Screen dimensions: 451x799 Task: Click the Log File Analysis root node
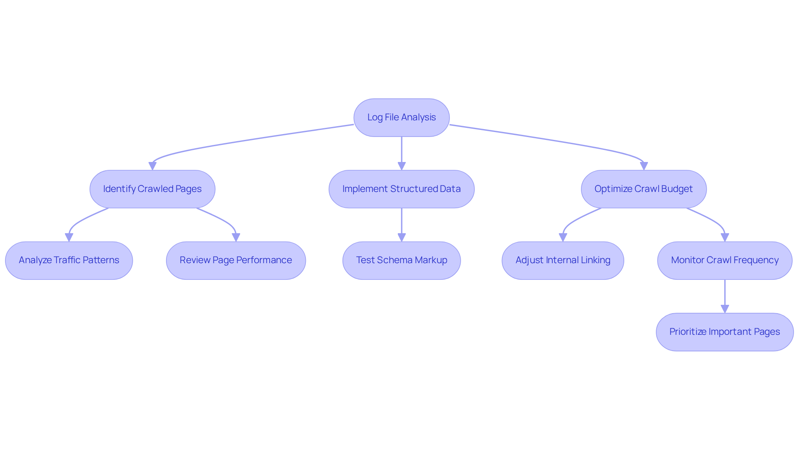(401, 117)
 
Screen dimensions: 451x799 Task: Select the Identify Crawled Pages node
(152, 189)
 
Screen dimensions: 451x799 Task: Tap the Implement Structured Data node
(401, 189)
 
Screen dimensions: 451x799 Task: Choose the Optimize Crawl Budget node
(643, 189)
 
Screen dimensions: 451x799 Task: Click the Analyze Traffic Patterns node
(69, 260)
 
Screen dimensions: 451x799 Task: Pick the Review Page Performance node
(236, 260)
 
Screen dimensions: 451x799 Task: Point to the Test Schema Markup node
(401, 260)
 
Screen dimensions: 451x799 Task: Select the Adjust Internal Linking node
(563, 260)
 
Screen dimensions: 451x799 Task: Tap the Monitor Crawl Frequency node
(725, 260)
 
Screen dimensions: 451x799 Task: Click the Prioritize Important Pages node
(725, 332)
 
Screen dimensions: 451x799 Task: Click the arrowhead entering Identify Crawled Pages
(152, 166)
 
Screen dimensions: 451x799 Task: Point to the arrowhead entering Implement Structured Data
(402, 166)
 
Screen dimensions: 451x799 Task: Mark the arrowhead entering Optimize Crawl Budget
(644, 166)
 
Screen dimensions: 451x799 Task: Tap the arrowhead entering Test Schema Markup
(402, 238)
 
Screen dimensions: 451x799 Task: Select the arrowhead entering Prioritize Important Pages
(725, 309)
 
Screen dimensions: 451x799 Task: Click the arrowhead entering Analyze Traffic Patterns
(69, 238)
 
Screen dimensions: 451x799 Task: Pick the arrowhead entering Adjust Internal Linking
(563, 238)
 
